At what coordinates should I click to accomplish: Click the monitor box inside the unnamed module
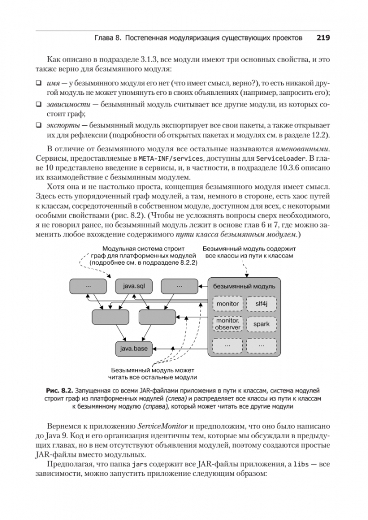coord(227,304)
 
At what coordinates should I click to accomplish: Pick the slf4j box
coord(261,304)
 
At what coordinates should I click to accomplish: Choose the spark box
coord(261,324)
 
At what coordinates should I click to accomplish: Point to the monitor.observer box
coord(227,324)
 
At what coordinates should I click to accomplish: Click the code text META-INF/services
coord(165,158)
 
